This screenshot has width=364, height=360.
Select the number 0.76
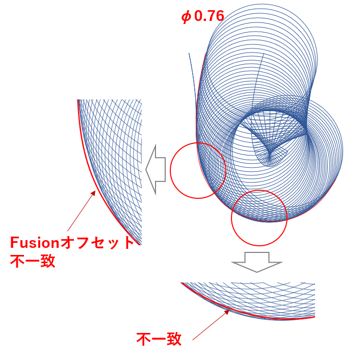[209, 16]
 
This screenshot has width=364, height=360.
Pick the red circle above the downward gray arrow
[259, 218]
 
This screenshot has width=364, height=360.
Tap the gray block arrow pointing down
[256, 261]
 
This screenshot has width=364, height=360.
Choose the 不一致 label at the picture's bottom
[159, 339]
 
